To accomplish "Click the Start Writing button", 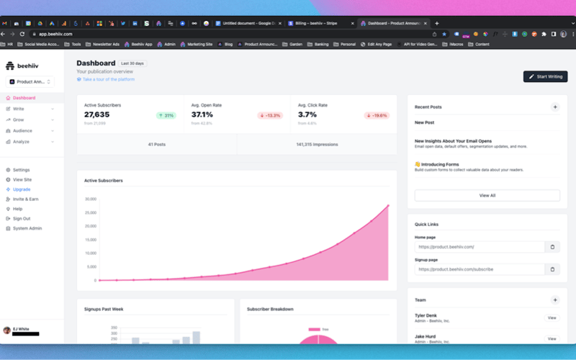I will coord(545,76).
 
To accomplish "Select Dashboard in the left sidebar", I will coord(24,98).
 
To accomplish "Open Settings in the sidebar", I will coord(22,170).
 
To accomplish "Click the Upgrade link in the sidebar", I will coord(22,189).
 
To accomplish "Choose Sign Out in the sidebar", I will coord(22,218).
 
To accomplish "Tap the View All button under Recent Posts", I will coord(487,195).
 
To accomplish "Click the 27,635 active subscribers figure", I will coord(97,114).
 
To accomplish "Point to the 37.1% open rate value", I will coord(202,114).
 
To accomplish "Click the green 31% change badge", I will coord(167,115).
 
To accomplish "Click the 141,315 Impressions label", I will coord(317,144).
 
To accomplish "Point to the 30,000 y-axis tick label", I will coord(91,199).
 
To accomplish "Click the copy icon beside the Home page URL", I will coord(552,247).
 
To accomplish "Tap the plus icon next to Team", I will coord(554,300).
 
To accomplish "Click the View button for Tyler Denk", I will coord(552,318).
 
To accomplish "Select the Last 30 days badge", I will coord(133,63).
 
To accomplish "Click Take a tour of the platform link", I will coord(108,79).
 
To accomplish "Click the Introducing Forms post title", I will coord(440,164).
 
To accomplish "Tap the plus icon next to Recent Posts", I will coord(554,107).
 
